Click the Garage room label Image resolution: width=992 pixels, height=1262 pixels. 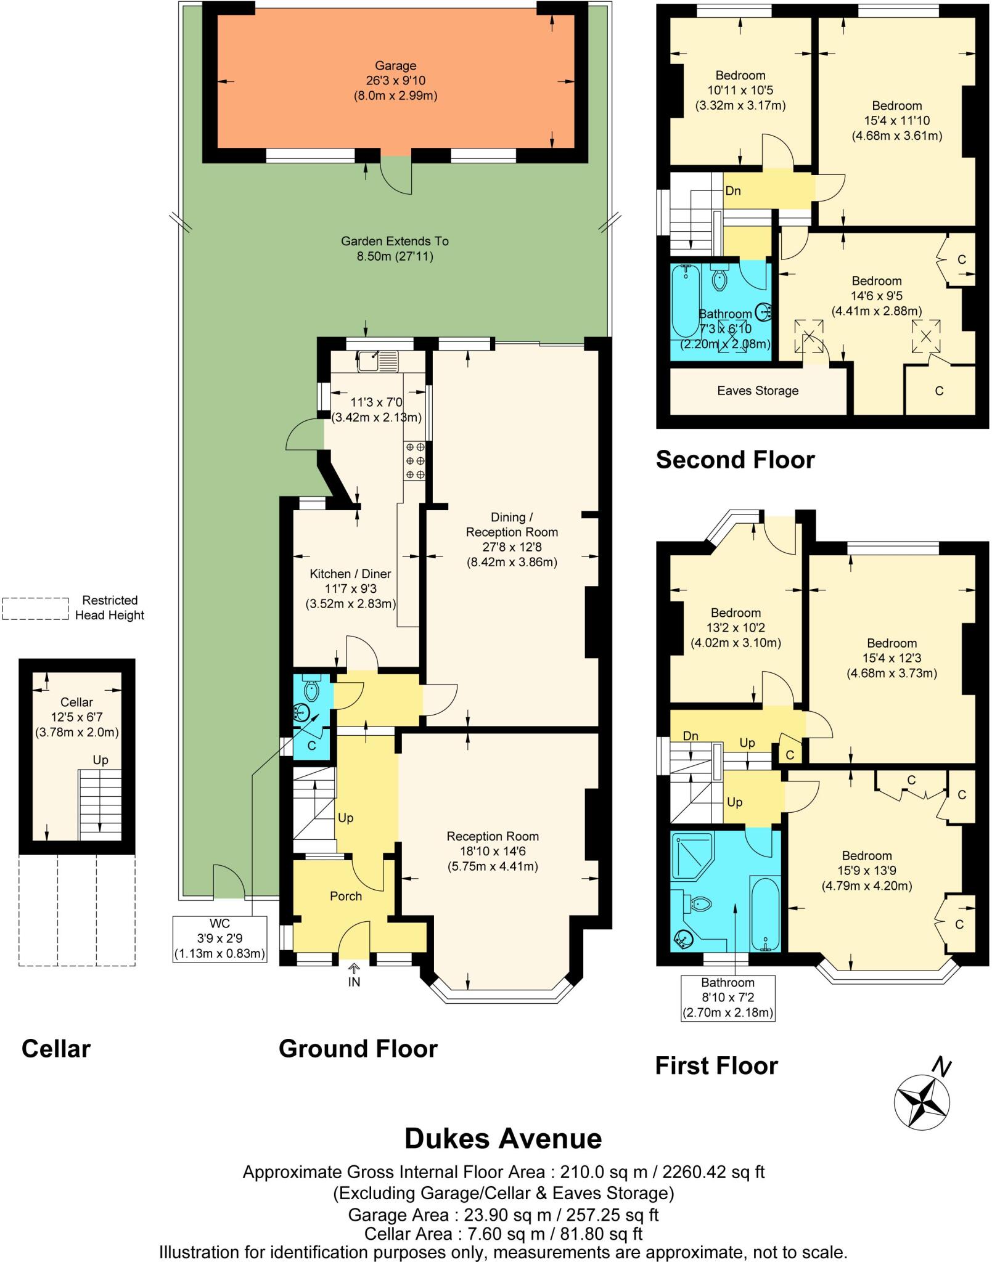point(395,66)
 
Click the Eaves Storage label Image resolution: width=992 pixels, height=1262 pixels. point(757,391)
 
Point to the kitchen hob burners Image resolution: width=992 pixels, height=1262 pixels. point(414,460)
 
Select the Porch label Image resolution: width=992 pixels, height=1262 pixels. point(345,896)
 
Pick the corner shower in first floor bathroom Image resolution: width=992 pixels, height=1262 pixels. point(692,856)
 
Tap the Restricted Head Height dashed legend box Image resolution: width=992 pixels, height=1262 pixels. point(35,608)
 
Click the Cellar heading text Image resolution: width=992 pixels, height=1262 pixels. point(55,1048)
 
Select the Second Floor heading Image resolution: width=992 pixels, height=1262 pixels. point(735,460)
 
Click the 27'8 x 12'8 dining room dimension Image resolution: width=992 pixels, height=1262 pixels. point(511,547)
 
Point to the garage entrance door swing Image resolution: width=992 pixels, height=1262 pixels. point(395,175)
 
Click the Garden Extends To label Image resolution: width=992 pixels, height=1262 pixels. point(395,241)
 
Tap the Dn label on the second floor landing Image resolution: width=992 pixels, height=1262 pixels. point(732,191)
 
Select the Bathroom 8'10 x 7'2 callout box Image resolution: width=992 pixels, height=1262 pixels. point(728,997)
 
